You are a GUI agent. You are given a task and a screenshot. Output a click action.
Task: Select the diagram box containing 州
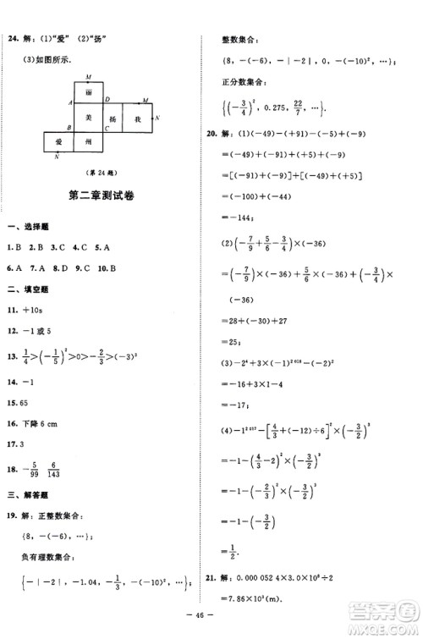point(88,144)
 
